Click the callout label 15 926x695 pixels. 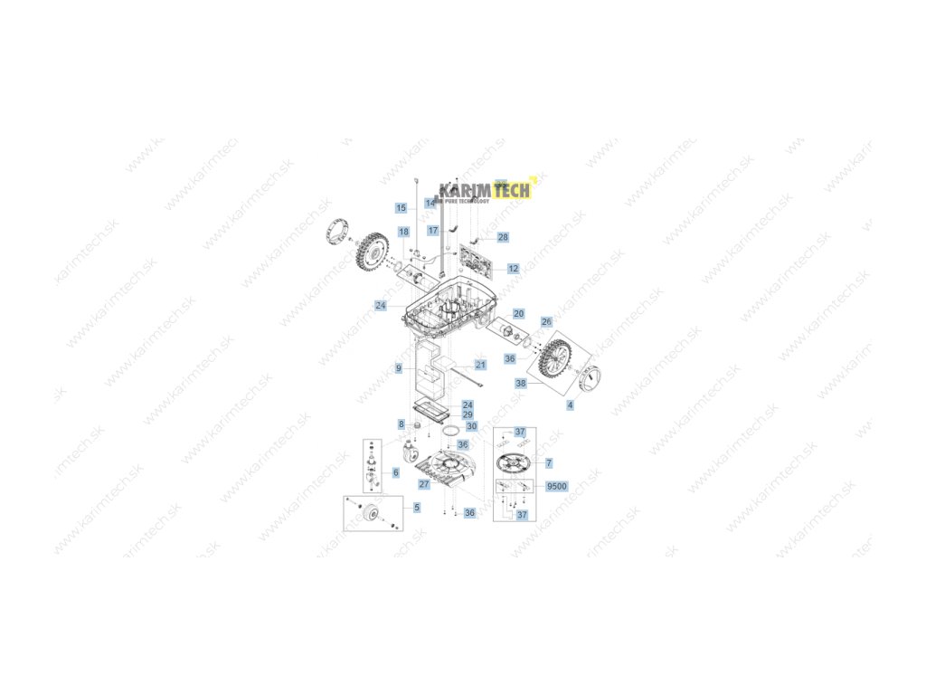402,208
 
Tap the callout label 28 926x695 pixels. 503,237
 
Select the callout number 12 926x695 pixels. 513,269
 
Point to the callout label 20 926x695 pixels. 518,313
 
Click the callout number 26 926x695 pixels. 546,322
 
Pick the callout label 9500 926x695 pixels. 557,487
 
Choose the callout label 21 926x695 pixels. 480,366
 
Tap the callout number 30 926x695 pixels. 471,425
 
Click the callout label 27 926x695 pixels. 424,485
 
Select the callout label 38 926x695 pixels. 521,384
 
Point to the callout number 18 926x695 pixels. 403,233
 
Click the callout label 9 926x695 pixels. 398,369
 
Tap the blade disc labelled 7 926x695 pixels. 517,463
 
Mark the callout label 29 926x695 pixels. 468,414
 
